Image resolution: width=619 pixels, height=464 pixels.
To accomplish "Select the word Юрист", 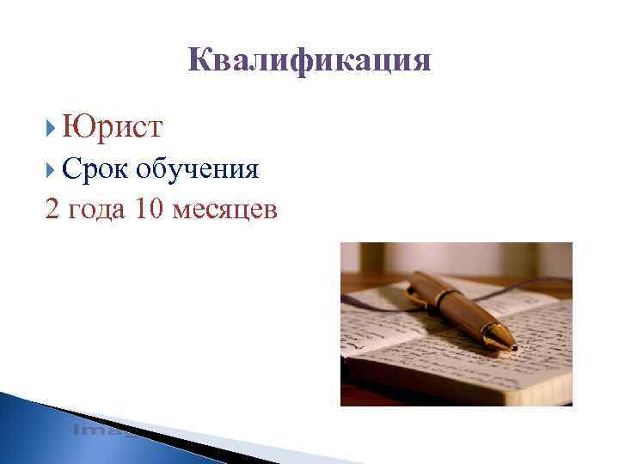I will tap(112, 129).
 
